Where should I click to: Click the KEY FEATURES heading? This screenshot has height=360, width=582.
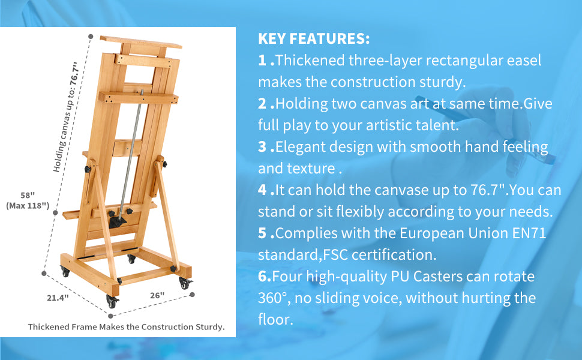tap(314, 38)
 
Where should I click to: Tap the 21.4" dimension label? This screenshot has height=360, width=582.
tap(58, 298)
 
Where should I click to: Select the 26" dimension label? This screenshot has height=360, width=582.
tap(157, 295)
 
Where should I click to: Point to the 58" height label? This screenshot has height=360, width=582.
tap(28, 195)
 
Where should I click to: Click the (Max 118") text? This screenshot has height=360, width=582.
tap(28, 206)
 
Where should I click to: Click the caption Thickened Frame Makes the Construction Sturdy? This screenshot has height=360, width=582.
tap(126, 327)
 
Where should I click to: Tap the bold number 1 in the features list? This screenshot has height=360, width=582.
tap(262, 60)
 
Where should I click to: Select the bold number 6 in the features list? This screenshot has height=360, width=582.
tap(262, 277)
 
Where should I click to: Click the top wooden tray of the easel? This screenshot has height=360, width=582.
tap(140, 42)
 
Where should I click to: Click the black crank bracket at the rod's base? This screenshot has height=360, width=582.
tap(118, 221)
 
